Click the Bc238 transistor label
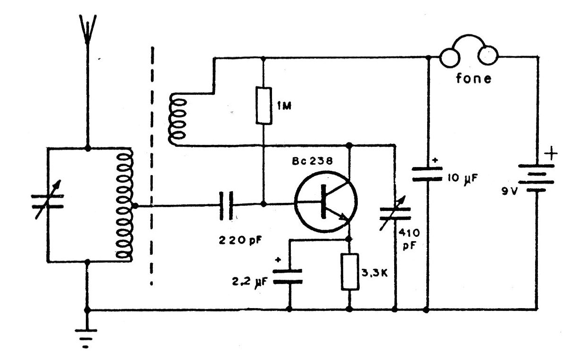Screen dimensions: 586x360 pyautogui.click(x=312, y=161)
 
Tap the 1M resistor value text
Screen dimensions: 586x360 pyautogui.click(x=284, y=106)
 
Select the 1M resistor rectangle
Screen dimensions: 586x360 pyautogui.click(x=264, y=106)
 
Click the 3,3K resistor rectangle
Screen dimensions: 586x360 pyautogui.click(x=350, y=272)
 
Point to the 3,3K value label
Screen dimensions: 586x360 pyautogui.click(x=374, y=273)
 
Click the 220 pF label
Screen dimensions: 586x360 pyautogui.click(x=240, y=240)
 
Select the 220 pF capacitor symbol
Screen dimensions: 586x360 pyautogui.click(x=226, y=206)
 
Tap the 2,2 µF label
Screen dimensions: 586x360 pyautogui.click(x=249, y=282)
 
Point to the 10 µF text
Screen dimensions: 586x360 pyautogui.click(x=462, y=178)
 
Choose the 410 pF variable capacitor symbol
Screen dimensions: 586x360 pyautogui.click(x=395, y=213)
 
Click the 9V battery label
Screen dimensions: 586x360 pyautogui.click(x=509, y=192)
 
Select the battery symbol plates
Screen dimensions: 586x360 pyautogui.click(x=536, y=178)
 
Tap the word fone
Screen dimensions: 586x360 pyautogui.click(x=473, y=78)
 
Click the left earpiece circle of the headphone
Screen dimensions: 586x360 pyautogui.click(x=449, y=58)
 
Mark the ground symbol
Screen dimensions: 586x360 pyautogui.click(x=86, y=338)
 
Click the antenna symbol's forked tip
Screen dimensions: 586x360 pyautogui.click(x=88, y=29)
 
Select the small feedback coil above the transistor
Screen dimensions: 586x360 pyautogui.click(x=178, y=119)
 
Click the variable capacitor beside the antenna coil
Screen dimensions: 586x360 pyautogui.click(x=48, y=201)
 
